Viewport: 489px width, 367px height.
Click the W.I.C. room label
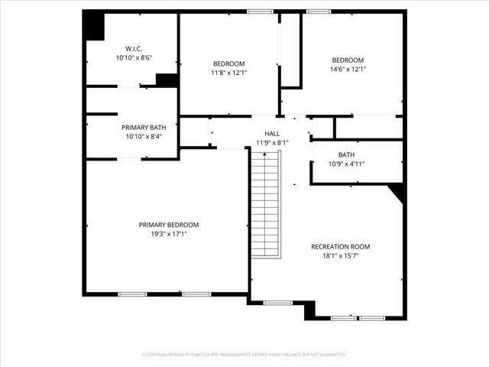click(x=134, y=47)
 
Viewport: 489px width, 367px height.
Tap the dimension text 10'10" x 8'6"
click(x=134, y=57)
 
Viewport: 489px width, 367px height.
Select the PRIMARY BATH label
click(x=144, y=127)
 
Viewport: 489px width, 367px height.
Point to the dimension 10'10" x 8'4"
click(x=144, y=137)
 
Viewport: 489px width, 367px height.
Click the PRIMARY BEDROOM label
click(x=169, y=224)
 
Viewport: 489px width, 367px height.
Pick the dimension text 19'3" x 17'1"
click(x=169, y=234)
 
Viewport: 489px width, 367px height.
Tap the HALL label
click(x=272, y=132)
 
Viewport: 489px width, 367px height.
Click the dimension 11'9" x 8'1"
click(x=272, y=142)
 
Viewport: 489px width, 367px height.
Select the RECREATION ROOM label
click(x=340, y=246)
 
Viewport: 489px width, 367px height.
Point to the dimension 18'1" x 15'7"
click(x=340, y=256)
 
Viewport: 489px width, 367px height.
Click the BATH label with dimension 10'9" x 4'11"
click(x=346, y=154)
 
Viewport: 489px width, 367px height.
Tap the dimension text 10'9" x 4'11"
click(x=346, y=164)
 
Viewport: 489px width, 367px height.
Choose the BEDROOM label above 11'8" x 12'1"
click(x=228, y=63)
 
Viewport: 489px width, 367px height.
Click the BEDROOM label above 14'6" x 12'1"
click(x=348, y=60)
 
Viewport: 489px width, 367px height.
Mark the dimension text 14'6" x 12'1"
click(x=348, y=70)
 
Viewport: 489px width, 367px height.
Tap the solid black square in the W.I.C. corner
click(x=94, y=28)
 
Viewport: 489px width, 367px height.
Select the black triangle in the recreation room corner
click(x=397, y=190)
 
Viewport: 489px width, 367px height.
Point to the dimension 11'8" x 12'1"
click(x=228, y=73)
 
